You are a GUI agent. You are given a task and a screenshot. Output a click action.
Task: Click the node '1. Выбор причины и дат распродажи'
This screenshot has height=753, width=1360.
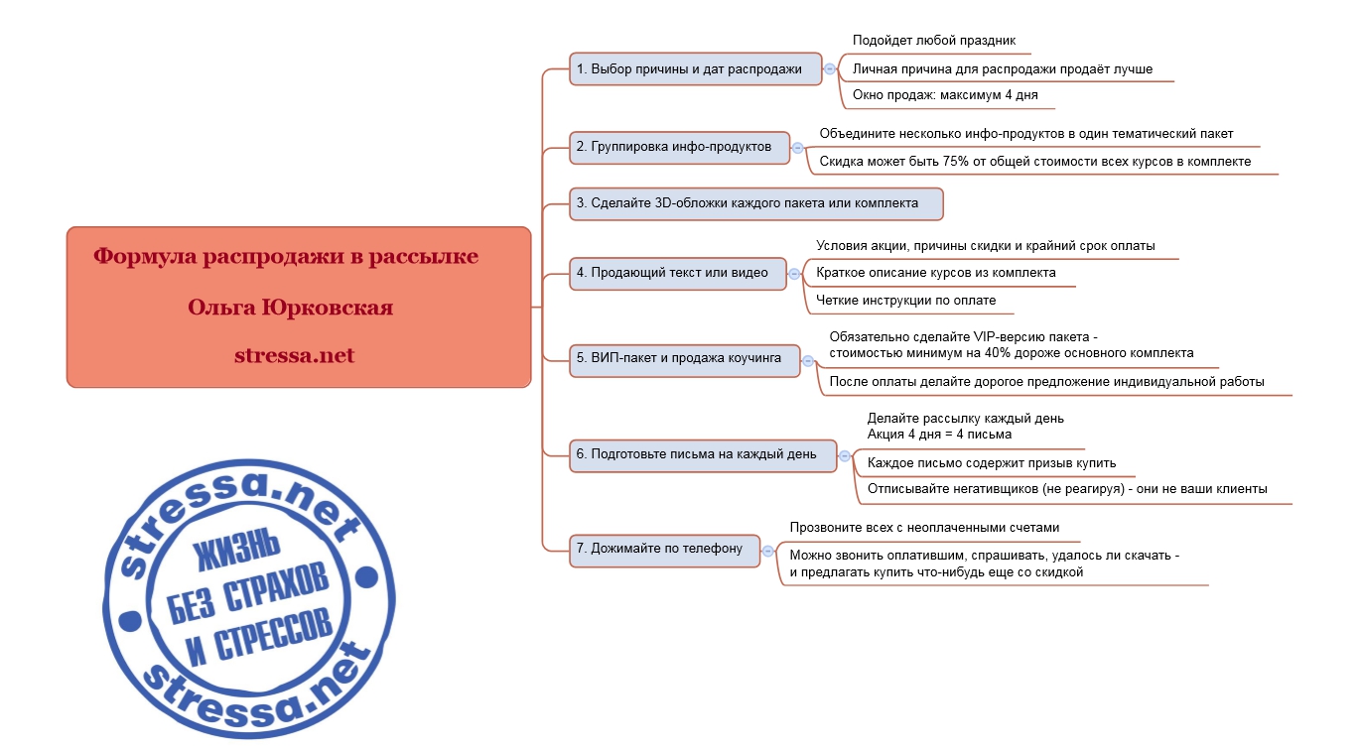pyautogui.click(x=695, y=69)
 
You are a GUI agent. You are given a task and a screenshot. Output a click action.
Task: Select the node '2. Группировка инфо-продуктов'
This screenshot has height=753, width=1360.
pyautogui.click(x=679, y=148)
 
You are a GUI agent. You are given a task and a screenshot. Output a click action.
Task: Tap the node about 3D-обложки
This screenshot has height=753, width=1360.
pyautogui.click(x=755, y=203)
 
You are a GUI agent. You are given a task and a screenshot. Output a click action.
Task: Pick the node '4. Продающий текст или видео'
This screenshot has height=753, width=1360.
pyautogui.click(x=678, y=274)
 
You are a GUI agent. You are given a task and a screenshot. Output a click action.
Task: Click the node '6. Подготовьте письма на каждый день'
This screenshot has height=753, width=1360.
pyautogui.click(x=703, y=455)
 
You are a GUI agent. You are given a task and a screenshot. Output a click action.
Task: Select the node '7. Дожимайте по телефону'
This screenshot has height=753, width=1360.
pyautogui.click(x=664, y=551)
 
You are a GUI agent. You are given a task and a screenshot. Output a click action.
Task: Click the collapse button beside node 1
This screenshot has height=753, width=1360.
pyautogui.click(x=829, y=69)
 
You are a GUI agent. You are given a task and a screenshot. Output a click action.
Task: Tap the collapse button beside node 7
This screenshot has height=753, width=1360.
pyautogui.click(x=767, y=551)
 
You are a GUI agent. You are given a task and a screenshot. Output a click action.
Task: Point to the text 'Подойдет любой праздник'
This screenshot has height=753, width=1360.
pyautogui.click(x=934, y=41)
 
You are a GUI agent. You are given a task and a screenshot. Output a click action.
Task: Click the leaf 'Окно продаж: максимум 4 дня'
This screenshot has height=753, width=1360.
pyautogui.click(x=945, y=95)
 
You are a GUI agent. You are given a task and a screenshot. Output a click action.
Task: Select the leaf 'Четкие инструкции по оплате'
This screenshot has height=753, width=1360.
pyautogui.click(x=906, y=301)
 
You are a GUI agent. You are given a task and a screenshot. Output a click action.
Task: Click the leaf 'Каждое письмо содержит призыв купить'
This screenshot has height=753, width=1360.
pyautogui.click(x=992, y=463)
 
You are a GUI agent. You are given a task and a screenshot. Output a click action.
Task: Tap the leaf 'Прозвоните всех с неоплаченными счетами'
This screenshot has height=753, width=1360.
pyautogui.click(x=924, y=528)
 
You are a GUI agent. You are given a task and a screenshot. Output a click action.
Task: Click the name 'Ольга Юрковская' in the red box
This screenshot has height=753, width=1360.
pyautogui.click(x=290, y=308)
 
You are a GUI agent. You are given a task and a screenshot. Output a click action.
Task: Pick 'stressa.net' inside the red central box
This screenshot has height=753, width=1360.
pyautogui.click(x=295, y=355)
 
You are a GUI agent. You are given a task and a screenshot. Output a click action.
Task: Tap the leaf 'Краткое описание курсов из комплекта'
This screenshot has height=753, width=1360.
pyautogui.click(x=935, y=273)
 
